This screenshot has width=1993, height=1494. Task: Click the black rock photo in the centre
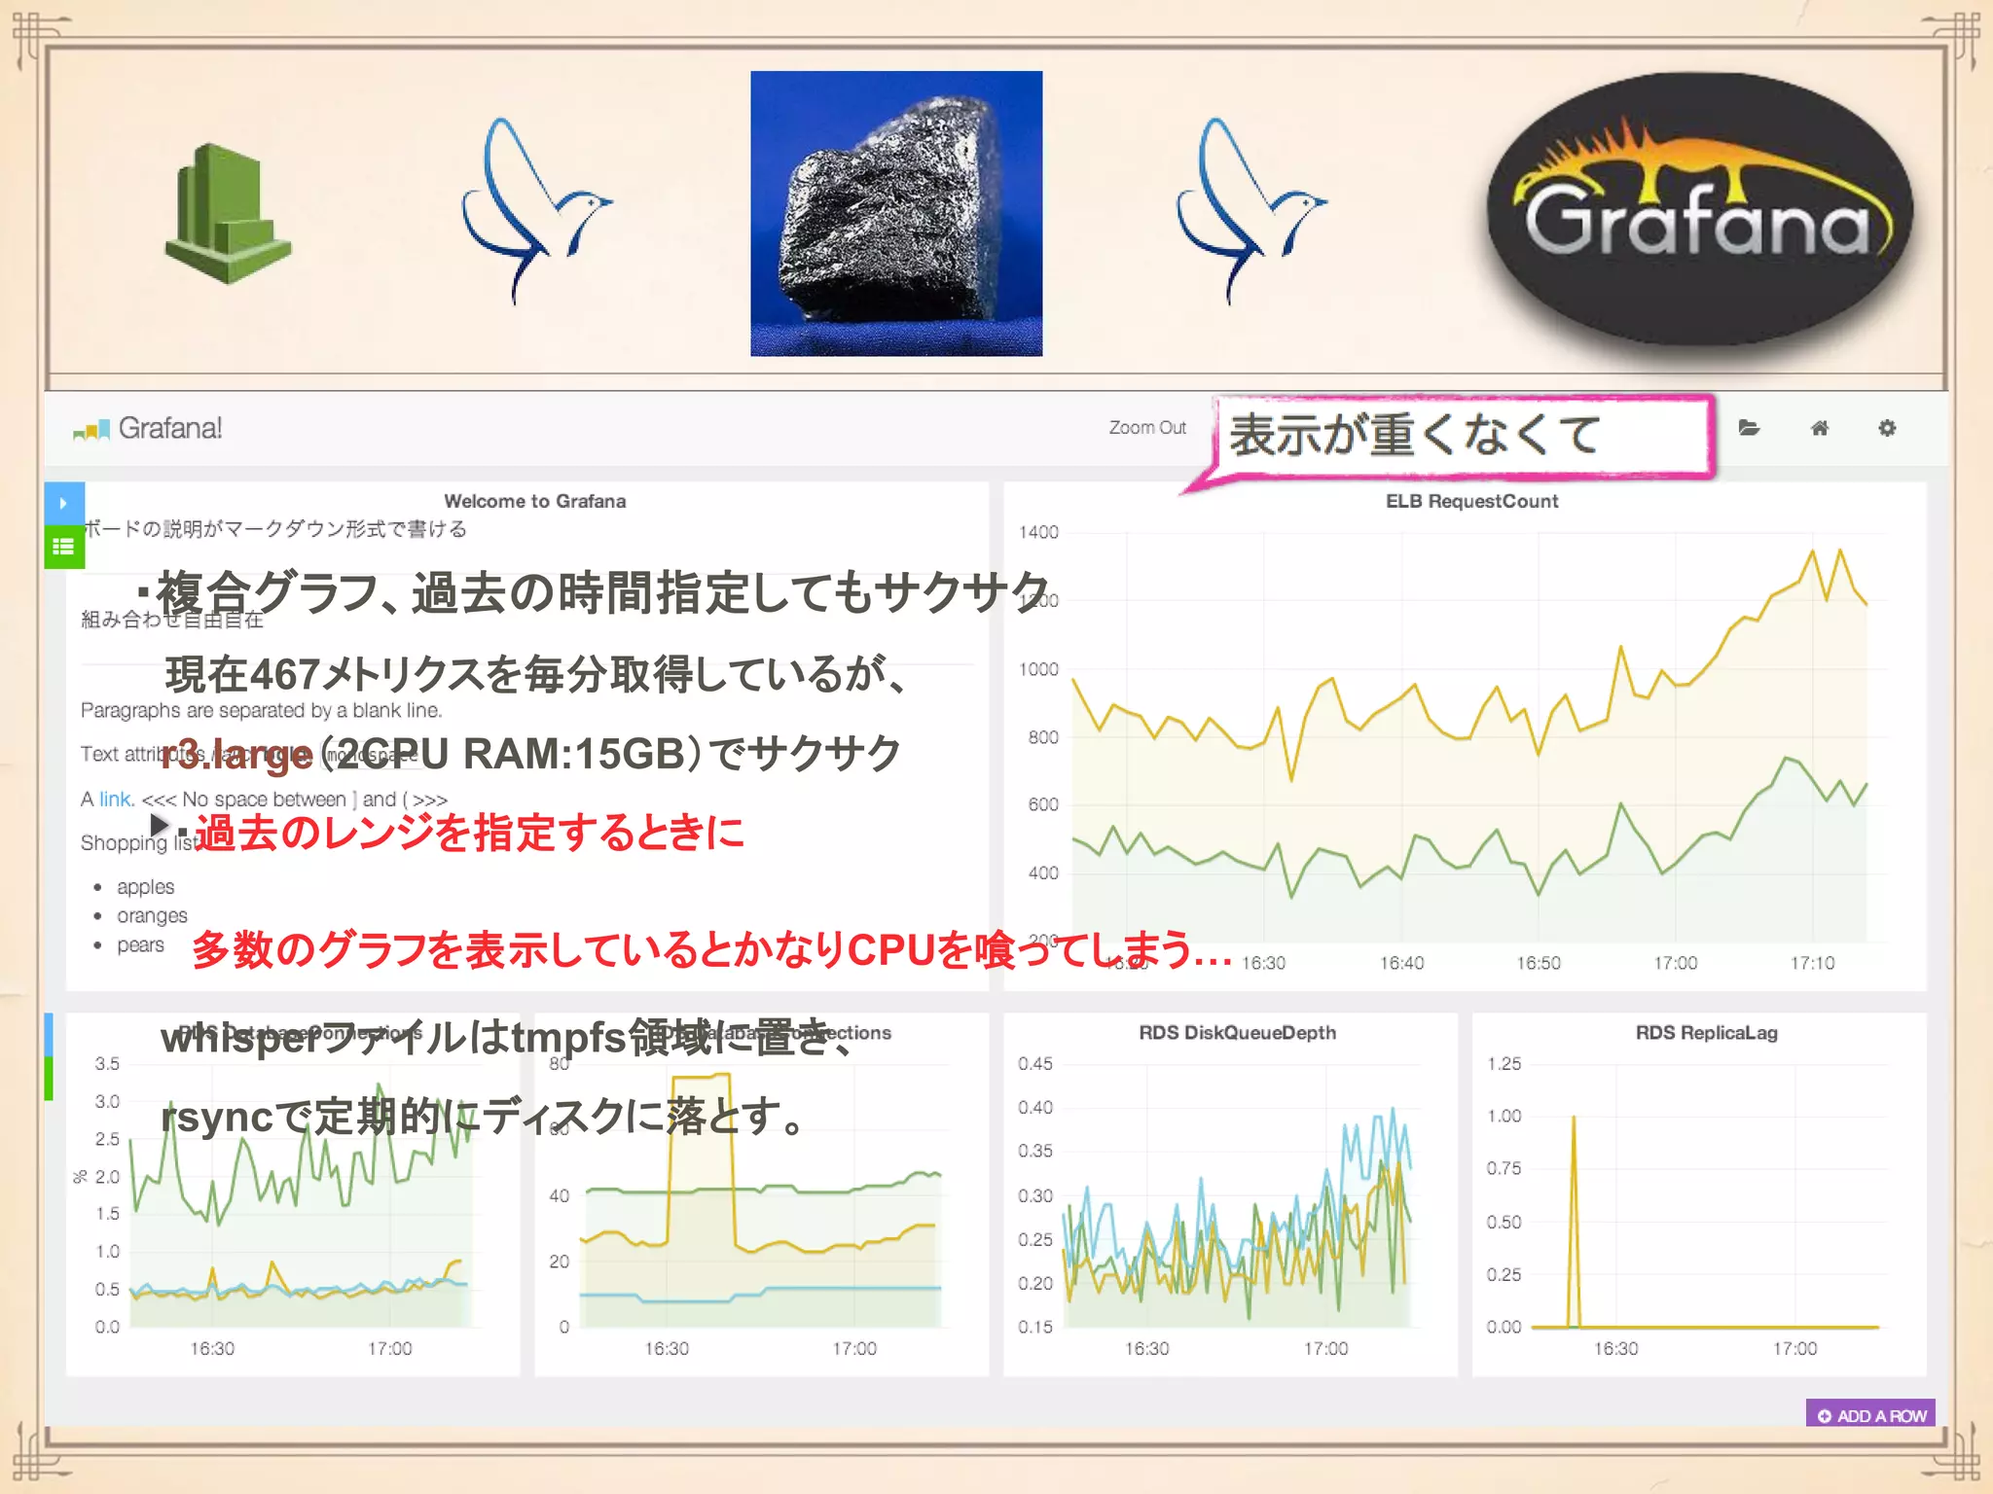click(x=895, y=214)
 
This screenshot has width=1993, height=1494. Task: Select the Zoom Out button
click(x=1147, y=428)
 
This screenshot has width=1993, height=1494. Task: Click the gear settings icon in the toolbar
click(x=1886, y=428)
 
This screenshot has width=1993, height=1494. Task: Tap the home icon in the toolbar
click(x=1819, y=428)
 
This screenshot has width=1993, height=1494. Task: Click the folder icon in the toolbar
click(x=1749, y=428)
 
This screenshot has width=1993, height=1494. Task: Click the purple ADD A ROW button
click(x=1870, y=1415)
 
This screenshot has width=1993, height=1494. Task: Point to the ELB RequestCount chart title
click(x=1471, y=501)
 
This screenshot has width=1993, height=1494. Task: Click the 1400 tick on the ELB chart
click(x=1038, y=532)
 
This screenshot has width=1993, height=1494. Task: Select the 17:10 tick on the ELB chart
click(x=1812, y=963)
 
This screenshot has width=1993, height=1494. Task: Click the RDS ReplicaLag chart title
click(x=1706, y=1033)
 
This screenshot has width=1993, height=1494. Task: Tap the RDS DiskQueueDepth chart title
click(x=1237, y=1033)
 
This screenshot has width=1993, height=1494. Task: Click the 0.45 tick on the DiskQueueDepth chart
click(x=1034, y=1064)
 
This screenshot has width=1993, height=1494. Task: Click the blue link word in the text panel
click(x=116, y=800)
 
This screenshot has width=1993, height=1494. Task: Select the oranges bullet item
click(x=152, y=916)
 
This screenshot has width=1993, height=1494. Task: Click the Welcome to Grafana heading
click(x=534, y=501)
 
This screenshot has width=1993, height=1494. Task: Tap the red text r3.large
click(x=237, y=755)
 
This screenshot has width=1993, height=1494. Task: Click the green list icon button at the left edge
click(x=64, y=547)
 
